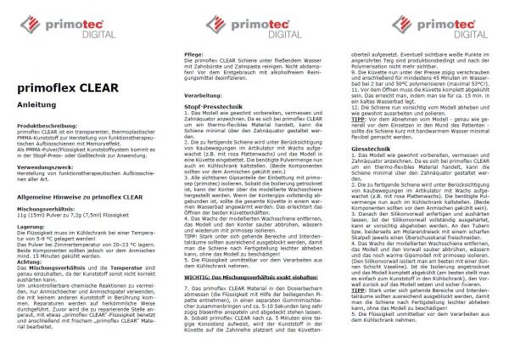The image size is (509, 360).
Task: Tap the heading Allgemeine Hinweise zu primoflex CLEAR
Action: (77, 194)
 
